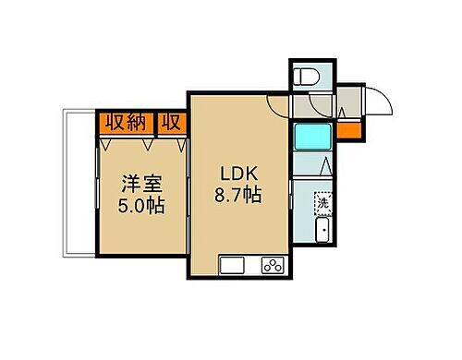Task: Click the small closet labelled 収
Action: point(173,122)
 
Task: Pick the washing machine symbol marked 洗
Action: point(324,201)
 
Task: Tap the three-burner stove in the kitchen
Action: point(274,265)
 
